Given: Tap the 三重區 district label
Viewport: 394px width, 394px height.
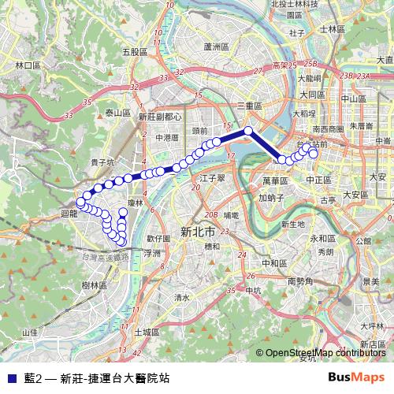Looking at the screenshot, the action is click(250, 105).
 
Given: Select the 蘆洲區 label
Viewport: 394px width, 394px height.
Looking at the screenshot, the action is click(215, 46).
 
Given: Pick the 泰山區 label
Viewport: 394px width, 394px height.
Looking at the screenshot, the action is click(117, 113).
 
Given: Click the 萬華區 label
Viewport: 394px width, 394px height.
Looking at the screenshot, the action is click(276, 180).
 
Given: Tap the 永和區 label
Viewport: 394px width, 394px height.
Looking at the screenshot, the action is click(321, 238).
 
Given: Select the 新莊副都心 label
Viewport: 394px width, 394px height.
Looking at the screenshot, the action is click(159, 116).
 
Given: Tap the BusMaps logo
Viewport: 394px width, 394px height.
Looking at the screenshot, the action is click(356, 377).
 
